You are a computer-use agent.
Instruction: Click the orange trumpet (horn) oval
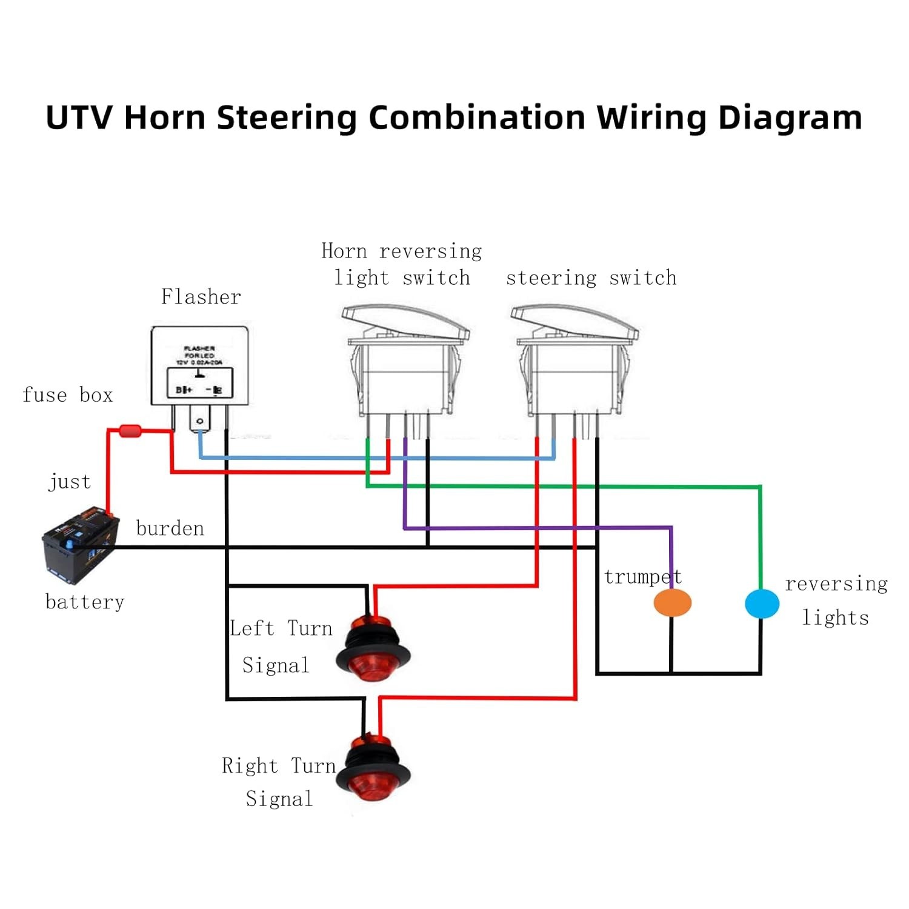coord(672,602)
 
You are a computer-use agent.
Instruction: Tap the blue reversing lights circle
coord(762,604)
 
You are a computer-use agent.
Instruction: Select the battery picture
coord(79,544)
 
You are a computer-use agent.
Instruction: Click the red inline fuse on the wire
coord(130,431)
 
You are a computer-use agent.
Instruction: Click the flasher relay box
coord(199,366)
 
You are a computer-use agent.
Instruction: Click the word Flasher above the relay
coord(201,297)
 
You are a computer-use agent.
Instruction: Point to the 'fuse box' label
coord(67,395)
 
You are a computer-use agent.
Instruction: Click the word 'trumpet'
coord(642,577)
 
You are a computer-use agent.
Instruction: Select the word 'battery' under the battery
coord(85,602)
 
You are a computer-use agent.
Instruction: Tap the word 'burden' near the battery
coord(170,528)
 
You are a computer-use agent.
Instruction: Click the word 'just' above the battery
coord(70,482)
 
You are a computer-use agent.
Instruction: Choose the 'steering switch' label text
coord(591,278)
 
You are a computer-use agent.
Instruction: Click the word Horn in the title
coord(164,118)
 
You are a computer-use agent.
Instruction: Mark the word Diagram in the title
coord(790,118)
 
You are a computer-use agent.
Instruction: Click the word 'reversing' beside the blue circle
coord(836,584)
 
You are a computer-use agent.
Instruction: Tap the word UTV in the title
coord(79,118)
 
